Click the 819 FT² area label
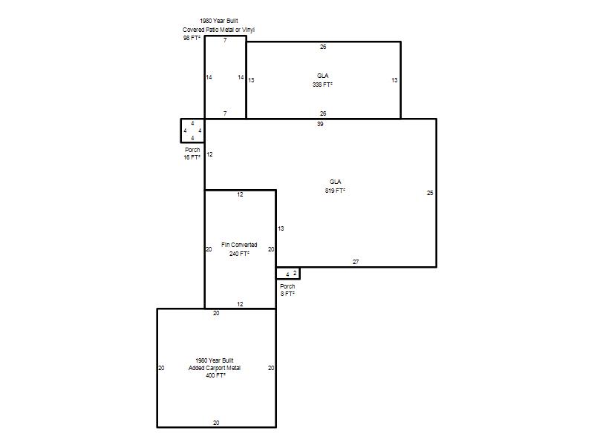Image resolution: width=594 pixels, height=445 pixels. pos(335,191)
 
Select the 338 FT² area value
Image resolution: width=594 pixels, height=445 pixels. pos(322,85)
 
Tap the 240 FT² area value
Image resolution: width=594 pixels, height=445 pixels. pos(239,254)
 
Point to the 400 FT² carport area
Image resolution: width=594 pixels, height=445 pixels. pos(215,375)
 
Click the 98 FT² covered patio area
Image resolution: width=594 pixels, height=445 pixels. pos(192,38)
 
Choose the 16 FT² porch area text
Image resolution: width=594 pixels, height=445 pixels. pos(192,157)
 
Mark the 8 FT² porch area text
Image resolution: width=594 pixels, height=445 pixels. pos(287,294)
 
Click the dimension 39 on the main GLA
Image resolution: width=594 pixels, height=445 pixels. pos(320,124)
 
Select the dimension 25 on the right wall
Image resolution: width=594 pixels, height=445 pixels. pos(430,193)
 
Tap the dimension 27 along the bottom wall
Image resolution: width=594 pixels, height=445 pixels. pos(356,262)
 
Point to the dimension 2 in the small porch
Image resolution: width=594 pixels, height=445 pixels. pos(295,273)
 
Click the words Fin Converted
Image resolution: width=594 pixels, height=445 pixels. pos(239,245)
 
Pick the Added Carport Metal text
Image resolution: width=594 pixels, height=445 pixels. pos(215,368)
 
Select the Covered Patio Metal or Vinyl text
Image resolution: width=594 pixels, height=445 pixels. pos(218,30)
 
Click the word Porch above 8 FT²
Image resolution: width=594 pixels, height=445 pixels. pos(287,286)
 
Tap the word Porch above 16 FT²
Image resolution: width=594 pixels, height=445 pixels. pos(192,150)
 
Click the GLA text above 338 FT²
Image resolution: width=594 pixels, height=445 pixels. pos(323,76)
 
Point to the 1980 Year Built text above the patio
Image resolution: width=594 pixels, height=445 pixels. pos(219,21)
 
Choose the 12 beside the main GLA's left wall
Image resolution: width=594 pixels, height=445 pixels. pos(209,154)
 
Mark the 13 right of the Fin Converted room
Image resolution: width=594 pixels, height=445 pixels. pos(281,228)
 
